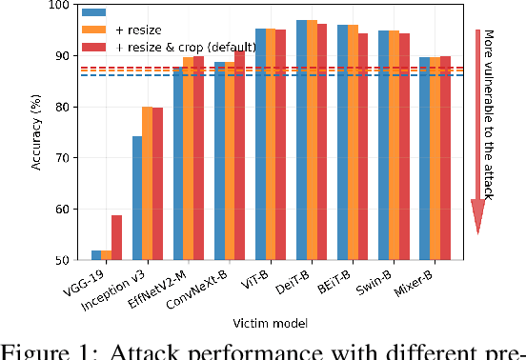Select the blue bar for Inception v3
click(137, 197)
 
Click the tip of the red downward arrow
click(479, 232)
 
